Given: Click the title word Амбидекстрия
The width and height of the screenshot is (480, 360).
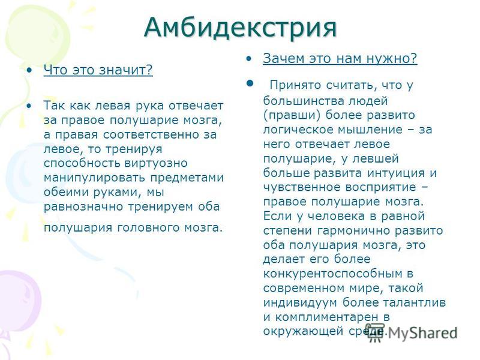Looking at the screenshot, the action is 241,28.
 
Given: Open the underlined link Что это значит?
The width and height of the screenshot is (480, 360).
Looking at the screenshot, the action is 98,70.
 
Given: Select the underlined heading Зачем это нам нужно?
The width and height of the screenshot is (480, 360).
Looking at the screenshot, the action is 340,58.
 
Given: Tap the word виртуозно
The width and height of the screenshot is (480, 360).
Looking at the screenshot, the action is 156,163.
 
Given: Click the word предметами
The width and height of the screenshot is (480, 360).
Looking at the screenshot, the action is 187,178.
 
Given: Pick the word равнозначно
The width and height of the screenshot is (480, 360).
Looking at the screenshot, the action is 83,206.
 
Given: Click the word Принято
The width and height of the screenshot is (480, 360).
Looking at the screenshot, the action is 294,85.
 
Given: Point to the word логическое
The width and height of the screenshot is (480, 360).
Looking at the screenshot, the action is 298,130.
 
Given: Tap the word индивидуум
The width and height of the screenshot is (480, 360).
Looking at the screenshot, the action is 300,302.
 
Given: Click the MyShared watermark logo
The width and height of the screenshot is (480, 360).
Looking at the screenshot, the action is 411,332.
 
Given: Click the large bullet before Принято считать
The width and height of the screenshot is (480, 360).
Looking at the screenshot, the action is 250,83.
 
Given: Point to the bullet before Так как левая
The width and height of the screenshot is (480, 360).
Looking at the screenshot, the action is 29,106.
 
